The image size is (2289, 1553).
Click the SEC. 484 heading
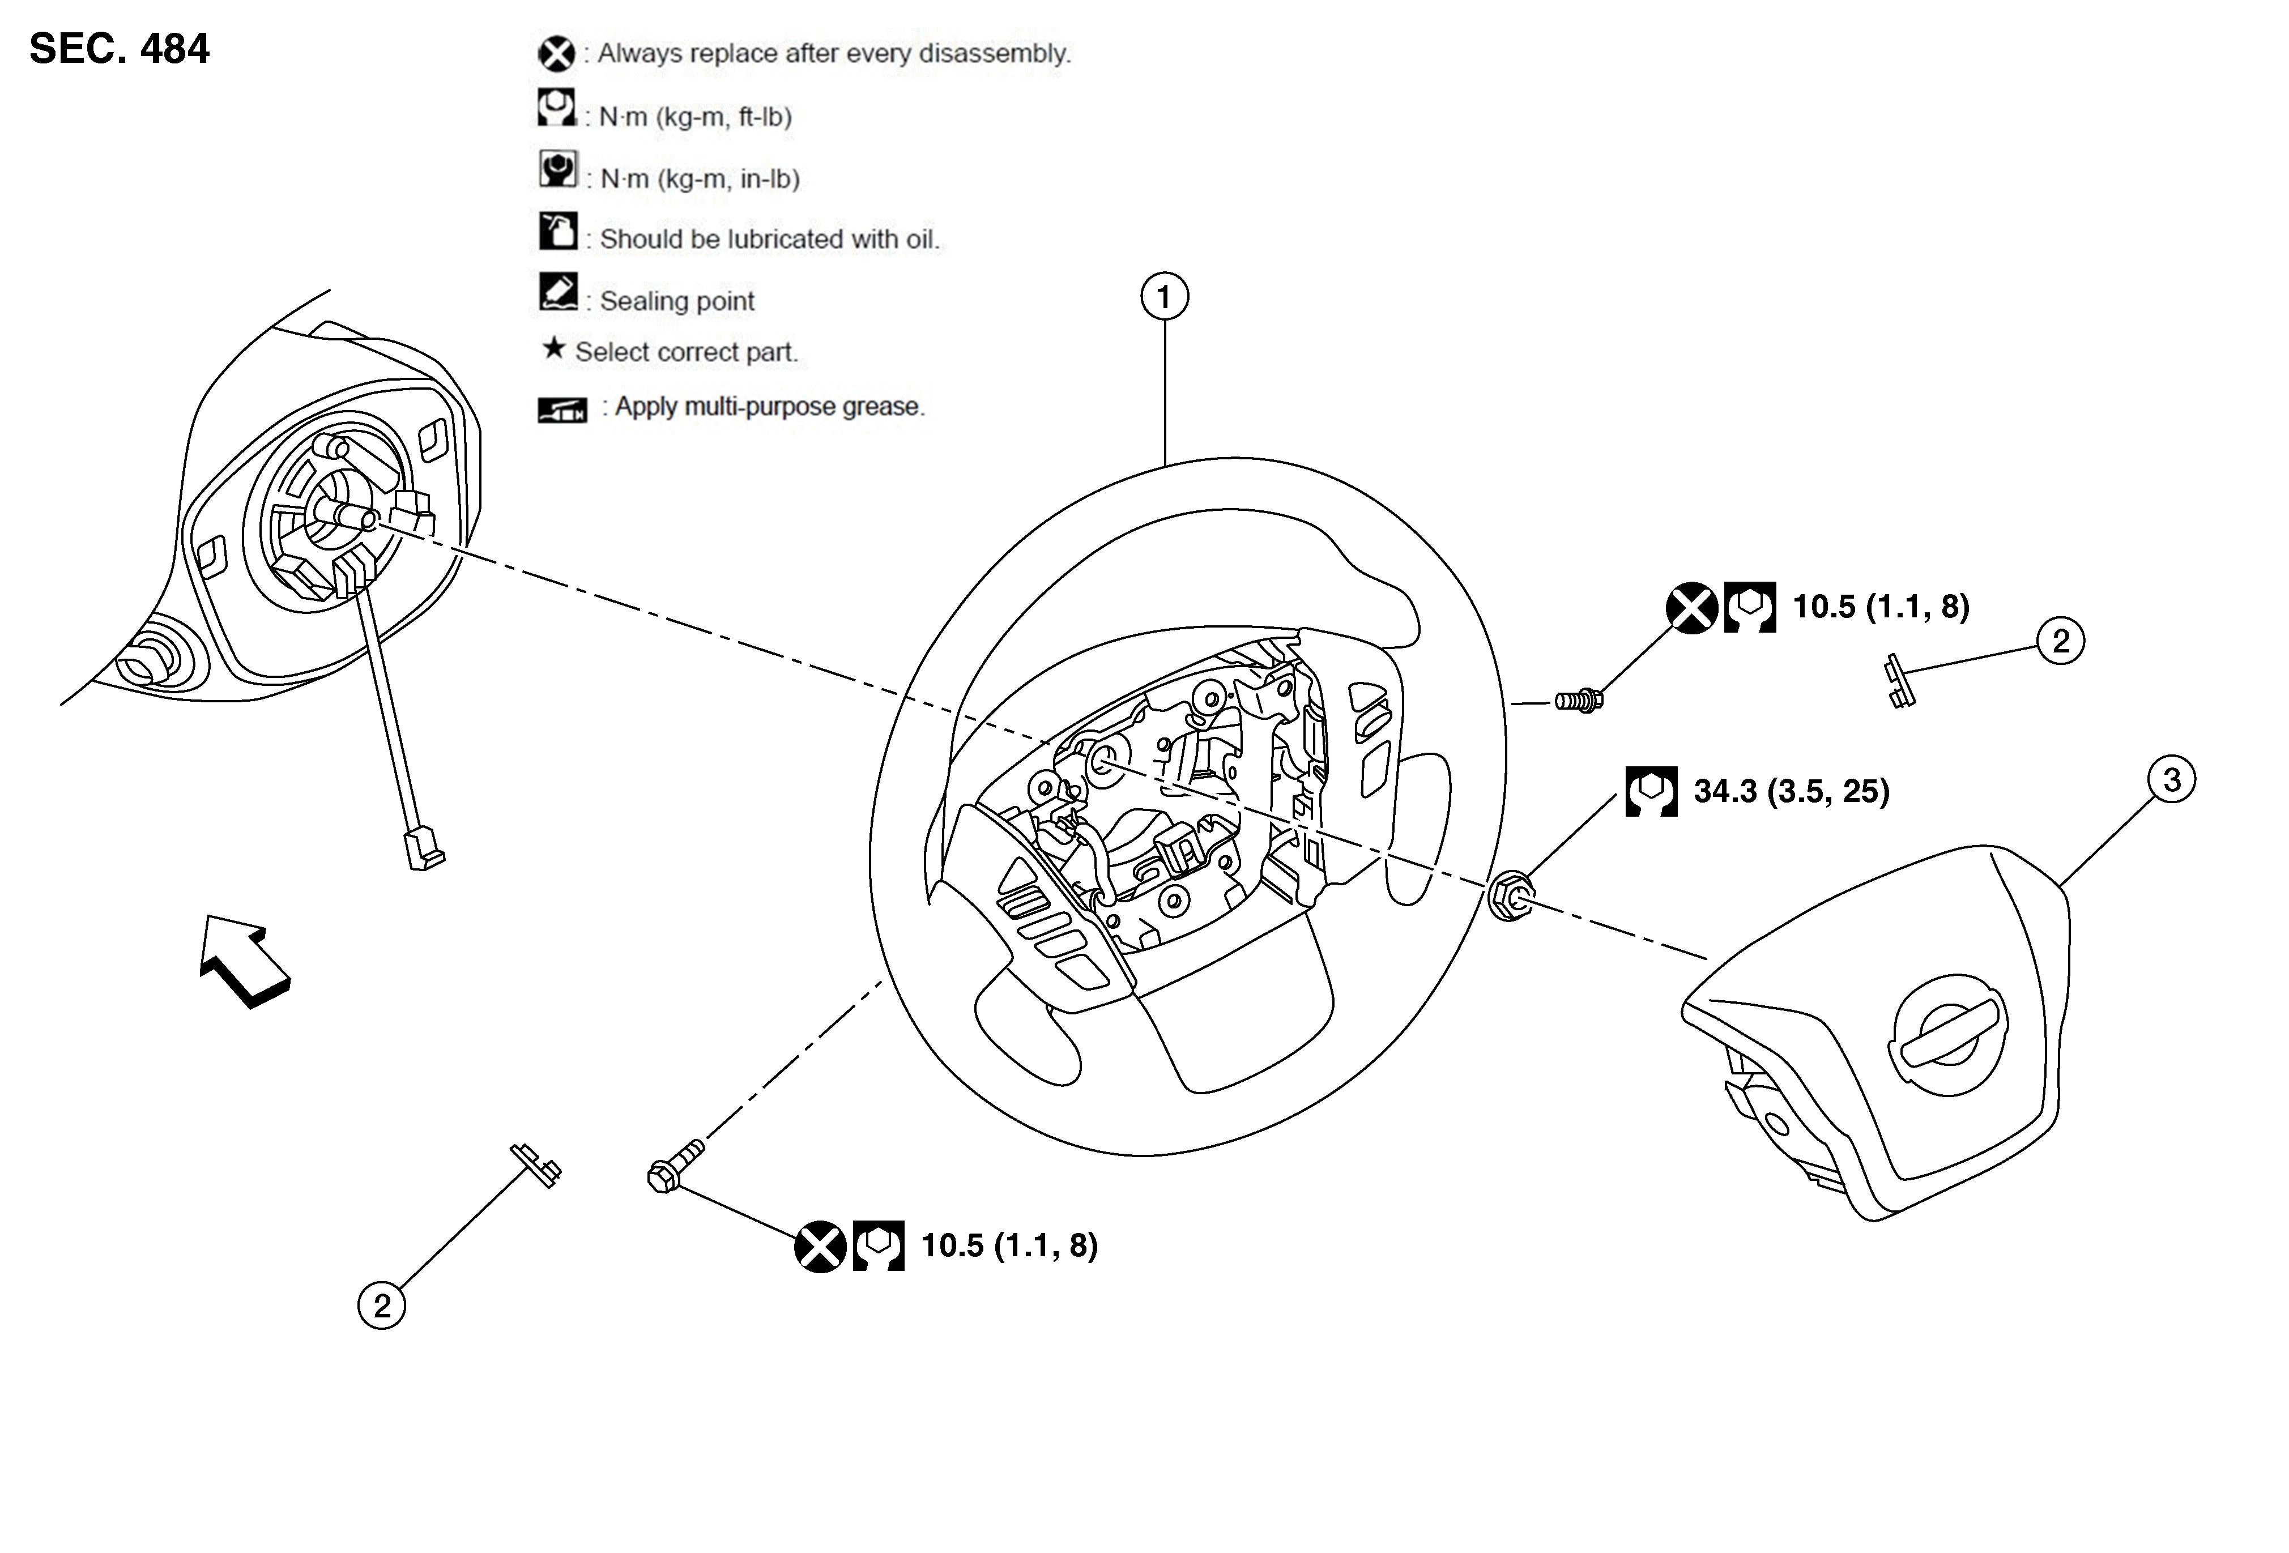click(119, 48)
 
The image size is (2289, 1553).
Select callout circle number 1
click(1164, 296)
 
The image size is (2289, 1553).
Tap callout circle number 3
click(2172, 780)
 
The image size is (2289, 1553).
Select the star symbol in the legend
click(555, 348)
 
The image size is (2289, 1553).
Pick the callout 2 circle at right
click(2061, 641)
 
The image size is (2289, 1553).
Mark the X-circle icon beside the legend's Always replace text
click(556, 54)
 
